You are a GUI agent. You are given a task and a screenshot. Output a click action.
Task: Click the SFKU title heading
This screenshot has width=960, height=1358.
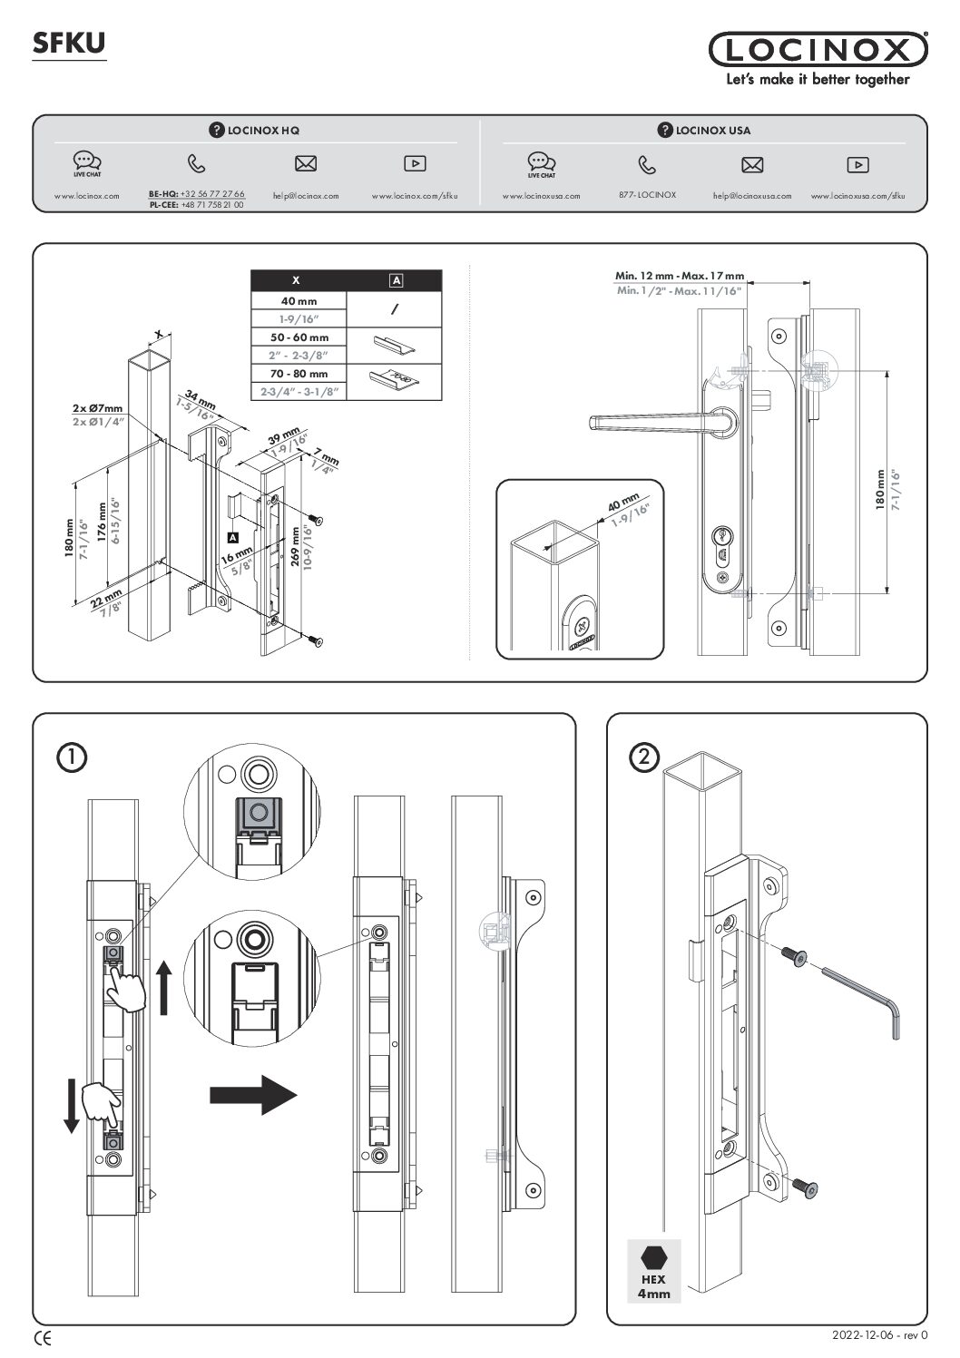[69, 43]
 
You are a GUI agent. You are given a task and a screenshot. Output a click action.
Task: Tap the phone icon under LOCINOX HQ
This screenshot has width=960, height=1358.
[196, 164]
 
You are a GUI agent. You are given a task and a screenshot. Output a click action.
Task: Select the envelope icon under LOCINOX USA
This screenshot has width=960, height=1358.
[752, 165]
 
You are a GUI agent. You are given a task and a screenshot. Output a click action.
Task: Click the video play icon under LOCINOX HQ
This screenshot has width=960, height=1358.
[415, 164]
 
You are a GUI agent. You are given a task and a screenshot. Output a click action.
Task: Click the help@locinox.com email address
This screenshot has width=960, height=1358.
[306, 195]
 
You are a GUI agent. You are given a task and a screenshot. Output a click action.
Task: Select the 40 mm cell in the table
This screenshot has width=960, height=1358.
[299, 301]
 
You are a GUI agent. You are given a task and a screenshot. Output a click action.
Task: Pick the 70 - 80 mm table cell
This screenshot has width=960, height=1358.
[299, 374]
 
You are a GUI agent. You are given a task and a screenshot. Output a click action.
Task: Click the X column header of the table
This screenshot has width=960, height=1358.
[299, 280]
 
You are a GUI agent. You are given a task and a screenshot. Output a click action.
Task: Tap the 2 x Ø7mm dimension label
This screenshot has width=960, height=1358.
[98, 408]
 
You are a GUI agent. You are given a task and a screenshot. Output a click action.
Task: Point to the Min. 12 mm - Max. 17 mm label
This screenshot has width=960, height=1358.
[679, 276]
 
